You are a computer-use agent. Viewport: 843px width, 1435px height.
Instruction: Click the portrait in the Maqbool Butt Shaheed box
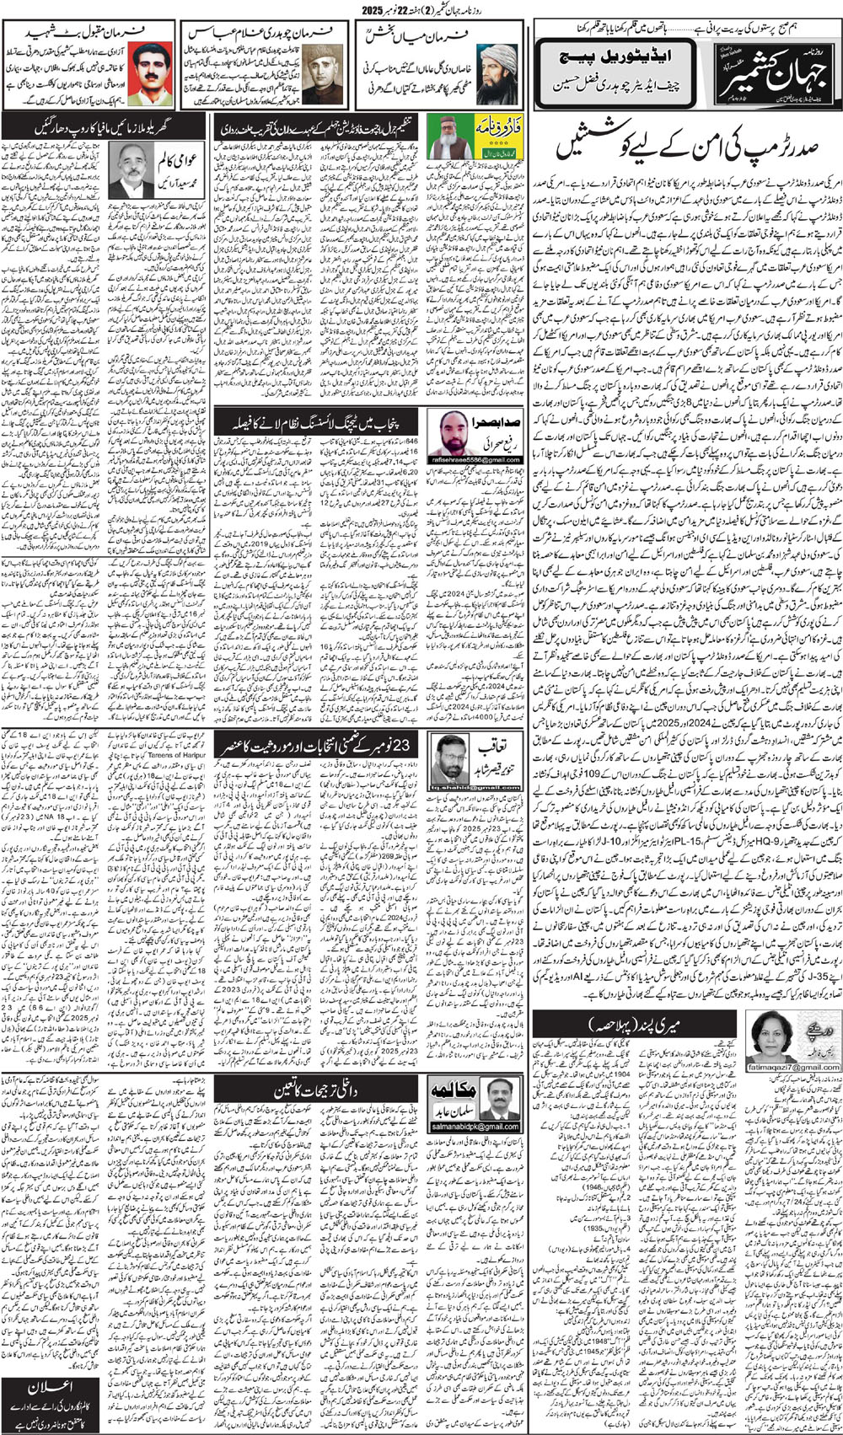tap(152, 73)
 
